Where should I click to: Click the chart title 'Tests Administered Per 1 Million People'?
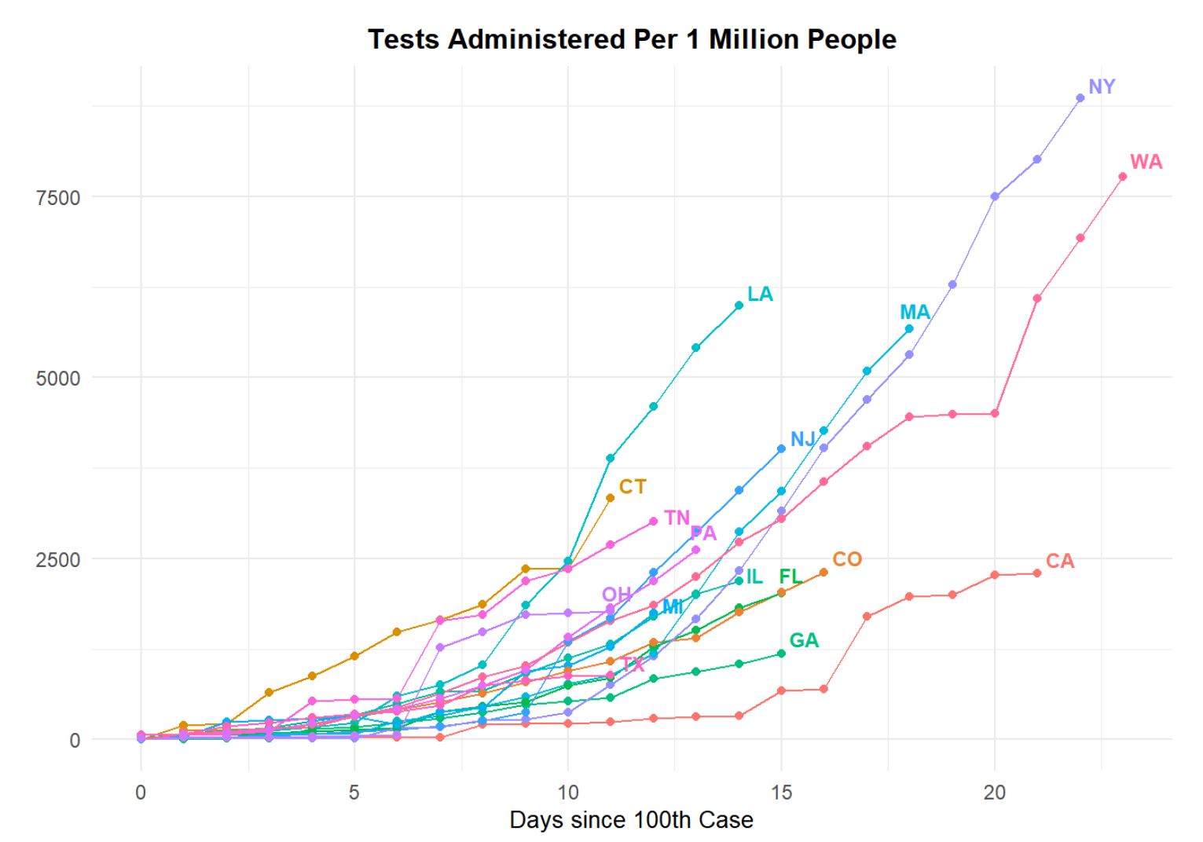tap(632, 39)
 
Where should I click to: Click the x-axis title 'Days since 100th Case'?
tap(631, 820)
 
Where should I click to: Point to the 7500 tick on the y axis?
tap(58, 197)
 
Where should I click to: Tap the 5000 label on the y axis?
tap(58, 378)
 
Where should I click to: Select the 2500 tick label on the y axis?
tap(58, 559)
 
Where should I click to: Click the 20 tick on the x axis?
tap(994, 793)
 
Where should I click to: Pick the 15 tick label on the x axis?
tap(781, 793)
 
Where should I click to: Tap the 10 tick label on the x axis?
tap(567, 793)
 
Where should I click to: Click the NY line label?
tap(1102, 87)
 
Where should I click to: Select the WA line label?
tap(1146, 163)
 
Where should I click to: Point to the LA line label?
tap(760, 295)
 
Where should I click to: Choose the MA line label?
tap(915, 313)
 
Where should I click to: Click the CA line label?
tap(1060, 562)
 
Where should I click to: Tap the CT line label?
tap(633, 487)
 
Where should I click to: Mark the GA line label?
tap(804, 641)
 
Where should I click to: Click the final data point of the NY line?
tap(1080, 98)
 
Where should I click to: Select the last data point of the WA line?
tap(1123, 177)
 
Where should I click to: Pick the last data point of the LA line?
tap(739, 306)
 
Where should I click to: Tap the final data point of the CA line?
tap(1037, 573)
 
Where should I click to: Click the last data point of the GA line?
tap(781, 653)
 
